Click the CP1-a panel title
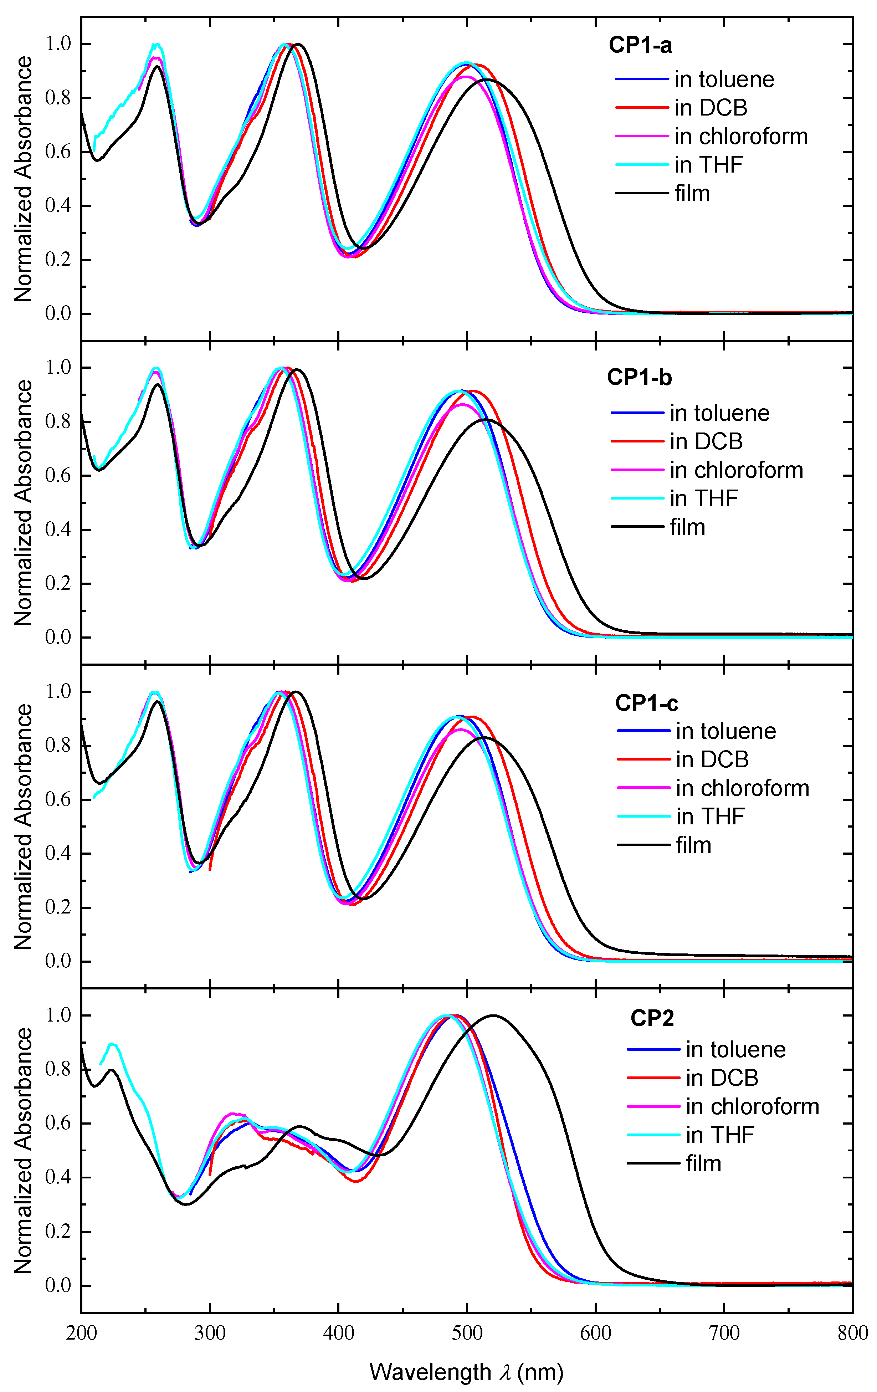[640, 45]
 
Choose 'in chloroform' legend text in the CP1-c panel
[742, 788]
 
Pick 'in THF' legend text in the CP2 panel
[720, 1135]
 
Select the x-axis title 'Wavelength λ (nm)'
[466, 1372]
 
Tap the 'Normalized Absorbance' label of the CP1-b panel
[23, 502]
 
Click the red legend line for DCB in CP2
[653, 1078]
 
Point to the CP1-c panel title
[646, 703]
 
